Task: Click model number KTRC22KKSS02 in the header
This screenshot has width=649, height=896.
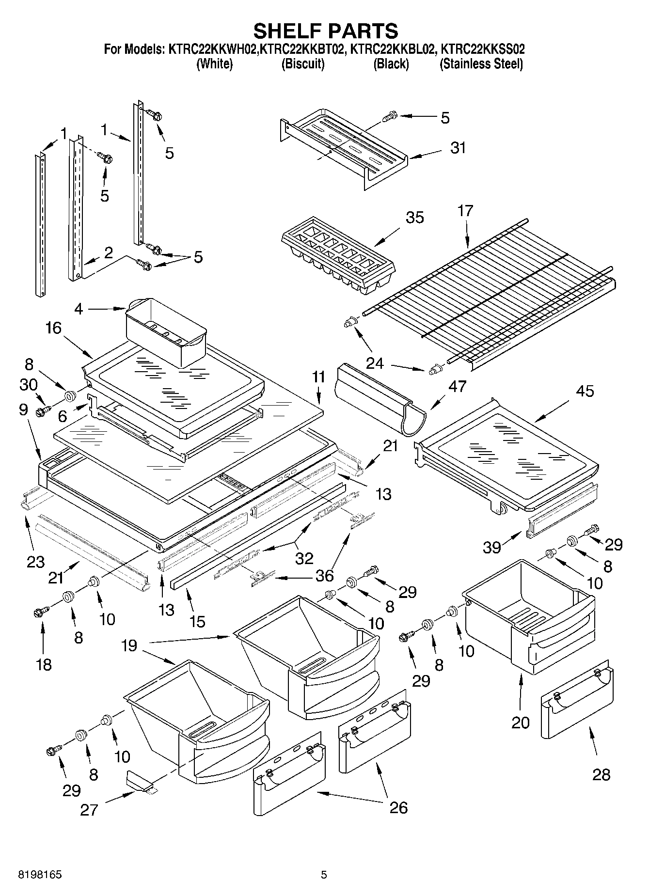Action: pyautogui.click(x=482, y=49)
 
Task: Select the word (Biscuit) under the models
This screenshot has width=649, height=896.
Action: pyautogui.click(x=303, y=64)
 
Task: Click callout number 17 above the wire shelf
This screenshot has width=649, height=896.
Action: pyautogui.click(x=465, y=211)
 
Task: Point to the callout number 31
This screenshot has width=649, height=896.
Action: pyautogui.click(x=458, y=147)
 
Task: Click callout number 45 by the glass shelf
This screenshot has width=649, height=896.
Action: pyautogui.click(x=585, y=391)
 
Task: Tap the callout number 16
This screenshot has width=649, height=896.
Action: pyautogui.click(x=54, y=328)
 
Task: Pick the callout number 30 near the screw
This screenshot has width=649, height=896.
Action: pyautogui.click(x=29, y=385)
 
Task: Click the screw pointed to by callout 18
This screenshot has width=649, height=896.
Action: pyautogui.click(x=40, y=612)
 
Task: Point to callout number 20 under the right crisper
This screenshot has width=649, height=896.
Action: pyautogui.click(x=521, y=723)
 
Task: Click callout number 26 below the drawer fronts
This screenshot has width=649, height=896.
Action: pyautogui.click(x=398, y=807)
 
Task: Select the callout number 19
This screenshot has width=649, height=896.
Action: pyautogui.click(x=129, y=645)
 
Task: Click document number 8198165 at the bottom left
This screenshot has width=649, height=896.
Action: pyautogui.click(x=40, y=876)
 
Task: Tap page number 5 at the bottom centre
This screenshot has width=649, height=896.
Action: pyautogui.click(x=324, y=875)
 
